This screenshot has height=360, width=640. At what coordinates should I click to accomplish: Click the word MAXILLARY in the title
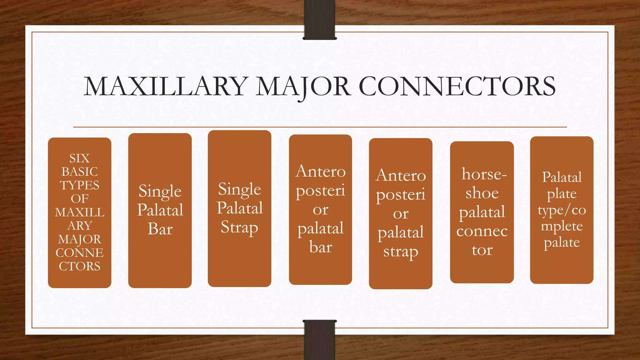tap(166, 87)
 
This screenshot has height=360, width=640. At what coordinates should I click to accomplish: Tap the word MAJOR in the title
tap(303, 87)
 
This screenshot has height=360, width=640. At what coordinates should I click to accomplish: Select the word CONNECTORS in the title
tap(457, 87)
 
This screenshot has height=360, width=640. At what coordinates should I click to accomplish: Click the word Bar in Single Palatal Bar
tap(160, 229)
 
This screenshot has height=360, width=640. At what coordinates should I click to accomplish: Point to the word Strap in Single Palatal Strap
tap(239, 227)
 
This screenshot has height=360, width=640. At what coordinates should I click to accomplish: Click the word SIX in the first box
tap(79, 158)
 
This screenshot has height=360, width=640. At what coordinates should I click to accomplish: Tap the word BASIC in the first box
tap(79, 172)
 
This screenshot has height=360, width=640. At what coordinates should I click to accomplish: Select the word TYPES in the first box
tap(79, 185)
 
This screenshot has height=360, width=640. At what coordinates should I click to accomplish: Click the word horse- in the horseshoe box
tap(484, 174)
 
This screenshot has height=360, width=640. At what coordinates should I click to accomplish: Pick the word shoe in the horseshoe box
tap(482, 193)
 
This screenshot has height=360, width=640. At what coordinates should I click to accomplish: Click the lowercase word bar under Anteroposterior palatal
tap(321, 247)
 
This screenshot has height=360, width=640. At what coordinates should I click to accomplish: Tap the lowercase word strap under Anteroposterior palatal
tap(401, 252)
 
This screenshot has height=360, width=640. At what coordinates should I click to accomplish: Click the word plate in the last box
tap(562, 194)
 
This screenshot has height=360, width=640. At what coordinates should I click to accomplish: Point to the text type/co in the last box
tap(562, 210)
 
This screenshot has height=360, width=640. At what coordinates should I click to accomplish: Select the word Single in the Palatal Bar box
tap(160, 191)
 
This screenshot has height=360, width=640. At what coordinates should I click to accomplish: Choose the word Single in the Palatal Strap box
tap(239, 189)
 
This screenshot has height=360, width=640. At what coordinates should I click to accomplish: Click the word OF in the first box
tap(79, 198)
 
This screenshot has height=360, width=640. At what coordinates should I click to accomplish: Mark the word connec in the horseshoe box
tap(482, 231)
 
